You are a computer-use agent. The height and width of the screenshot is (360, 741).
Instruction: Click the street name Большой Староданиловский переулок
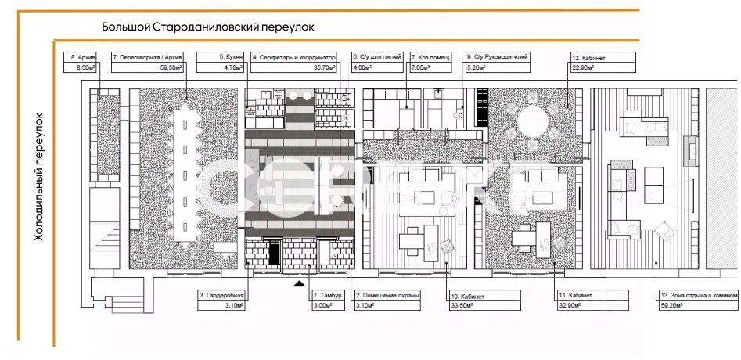click(207, 27)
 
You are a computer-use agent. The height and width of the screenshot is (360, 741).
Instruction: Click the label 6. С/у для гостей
click(377, 57)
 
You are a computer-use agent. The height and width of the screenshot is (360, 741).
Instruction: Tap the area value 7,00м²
click(420, 68)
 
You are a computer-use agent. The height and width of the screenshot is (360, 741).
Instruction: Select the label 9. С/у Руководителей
click(498, 57)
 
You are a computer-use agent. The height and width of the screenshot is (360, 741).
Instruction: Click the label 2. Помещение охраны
click(388, 295)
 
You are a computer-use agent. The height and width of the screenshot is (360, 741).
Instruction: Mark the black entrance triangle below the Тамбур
click(300, 284)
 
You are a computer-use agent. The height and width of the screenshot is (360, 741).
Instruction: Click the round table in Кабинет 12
click(532, 124)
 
